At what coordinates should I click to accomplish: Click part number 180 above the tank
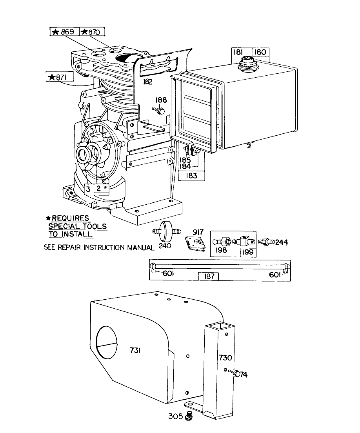[x=260, y=52]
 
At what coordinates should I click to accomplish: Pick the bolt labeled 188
[x=159, y=111]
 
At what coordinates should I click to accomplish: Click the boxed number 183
[x=192, y=176]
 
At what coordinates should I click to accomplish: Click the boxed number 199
[x=247, y=252]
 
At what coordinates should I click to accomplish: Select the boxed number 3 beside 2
[x=89, y=189]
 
